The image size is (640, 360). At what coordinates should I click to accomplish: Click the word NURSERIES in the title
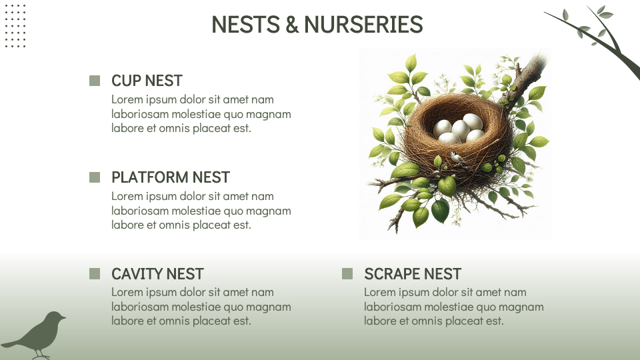point(363,25)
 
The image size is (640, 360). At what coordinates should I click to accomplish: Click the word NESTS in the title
point(246,25)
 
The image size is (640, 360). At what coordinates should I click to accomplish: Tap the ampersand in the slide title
point(292,25)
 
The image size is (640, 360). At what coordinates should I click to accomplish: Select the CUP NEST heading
point(147,81)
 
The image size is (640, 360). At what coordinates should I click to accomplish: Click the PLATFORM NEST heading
point(171,177)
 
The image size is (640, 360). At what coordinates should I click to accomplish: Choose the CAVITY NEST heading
point(157,274)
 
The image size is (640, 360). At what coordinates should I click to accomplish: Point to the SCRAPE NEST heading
point(413,274)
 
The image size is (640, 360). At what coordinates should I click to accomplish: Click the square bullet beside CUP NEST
point(95,81)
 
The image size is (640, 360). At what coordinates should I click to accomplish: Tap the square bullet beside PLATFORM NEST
point(95,177)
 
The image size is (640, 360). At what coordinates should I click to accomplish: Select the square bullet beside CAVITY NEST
point(95,273)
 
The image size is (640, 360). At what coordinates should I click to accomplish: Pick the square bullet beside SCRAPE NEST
point(347,273)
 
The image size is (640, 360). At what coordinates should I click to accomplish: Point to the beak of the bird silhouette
point(64,317)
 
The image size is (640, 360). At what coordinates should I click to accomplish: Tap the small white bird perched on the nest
point(457,157)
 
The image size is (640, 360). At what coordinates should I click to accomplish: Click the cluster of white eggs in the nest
point(459,129)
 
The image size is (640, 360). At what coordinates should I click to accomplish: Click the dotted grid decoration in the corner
point(15,26)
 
